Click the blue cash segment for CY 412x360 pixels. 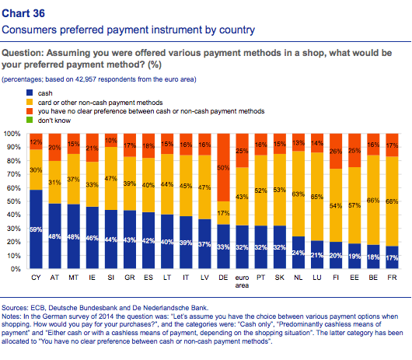coord(36,229)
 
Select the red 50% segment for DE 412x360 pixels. coord(223,167)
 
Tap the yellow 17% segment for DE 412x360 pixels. coord(223,213)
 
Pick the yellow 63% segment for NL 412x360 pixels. coord(299,194)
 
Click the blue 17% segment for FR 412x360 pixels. coord(392,257)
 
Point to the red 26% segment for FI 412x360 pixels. coord(336,151)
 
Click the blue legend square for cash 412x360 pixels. coord(30,93)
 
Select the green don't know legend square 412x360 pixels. coord(30,120)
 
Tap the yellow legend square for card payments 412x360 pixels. coord(30,102)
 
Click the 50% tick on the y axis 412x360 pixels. coord(14,201)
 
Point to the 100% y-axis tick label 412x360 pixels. coord(12,134)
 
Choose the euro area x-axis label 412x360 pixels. coord(242,281)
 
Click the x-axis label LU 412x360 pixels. coord(317,278)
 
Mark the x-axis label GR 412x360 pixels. coord(130,278)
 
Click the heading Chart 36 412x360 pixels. coord(23,13)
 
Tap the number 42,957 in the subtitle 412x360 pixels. coord(86,79)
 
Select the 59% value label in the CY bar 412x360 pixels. coord(36,229)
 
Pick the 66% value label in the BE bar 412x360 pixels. coord(373,201)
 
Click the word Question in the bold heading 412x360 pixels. coord(23,53)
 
